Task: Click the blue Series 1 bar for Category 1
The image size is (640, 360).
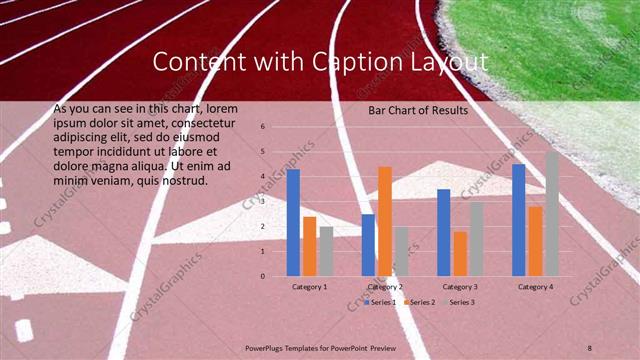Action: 293,222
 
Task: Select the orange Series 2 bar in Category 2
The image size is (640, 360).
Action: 384,221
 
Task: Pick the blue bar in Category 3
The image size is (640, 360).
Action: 443,232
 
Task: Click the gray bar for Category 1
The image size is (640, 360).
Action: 326,251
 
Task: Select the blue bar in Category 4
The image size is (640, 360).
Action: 518,220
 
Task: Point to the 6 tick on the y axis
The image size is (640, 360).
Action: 262,127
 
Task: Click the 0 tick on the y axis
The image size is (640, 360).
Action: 262,276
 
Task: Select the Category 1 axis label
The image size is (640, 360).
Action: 310,287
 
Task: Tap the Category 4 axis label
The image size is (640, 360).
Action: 535,287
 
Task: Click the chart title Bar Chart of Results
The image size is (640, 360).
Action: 417,110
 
